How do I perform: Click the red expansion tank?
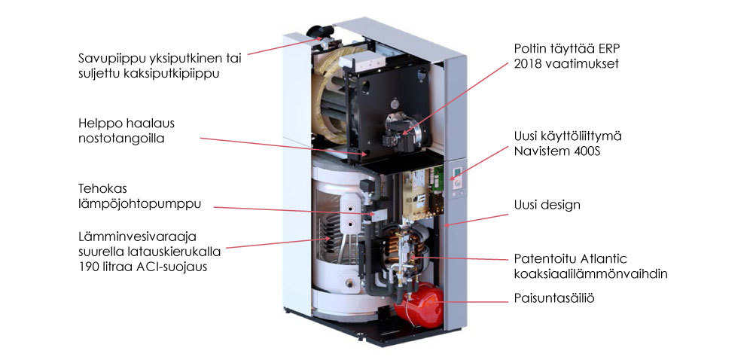(419, 305)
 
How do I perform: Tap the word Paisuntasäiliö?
(554, 298)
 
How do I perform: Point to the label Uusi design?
(547, 205)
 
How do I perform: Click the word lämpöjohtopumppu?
(140, 204)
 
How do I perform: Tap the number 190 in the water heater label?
(89, 267)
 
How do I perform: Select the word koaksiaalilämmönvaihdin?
(590, 274)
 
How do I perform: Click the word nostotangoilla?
(121, 139)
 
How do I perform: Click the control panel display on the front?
(457, 172)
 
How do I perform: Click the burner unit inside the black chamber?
(400, 127)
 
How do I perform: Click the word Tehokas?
(102, 188)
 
